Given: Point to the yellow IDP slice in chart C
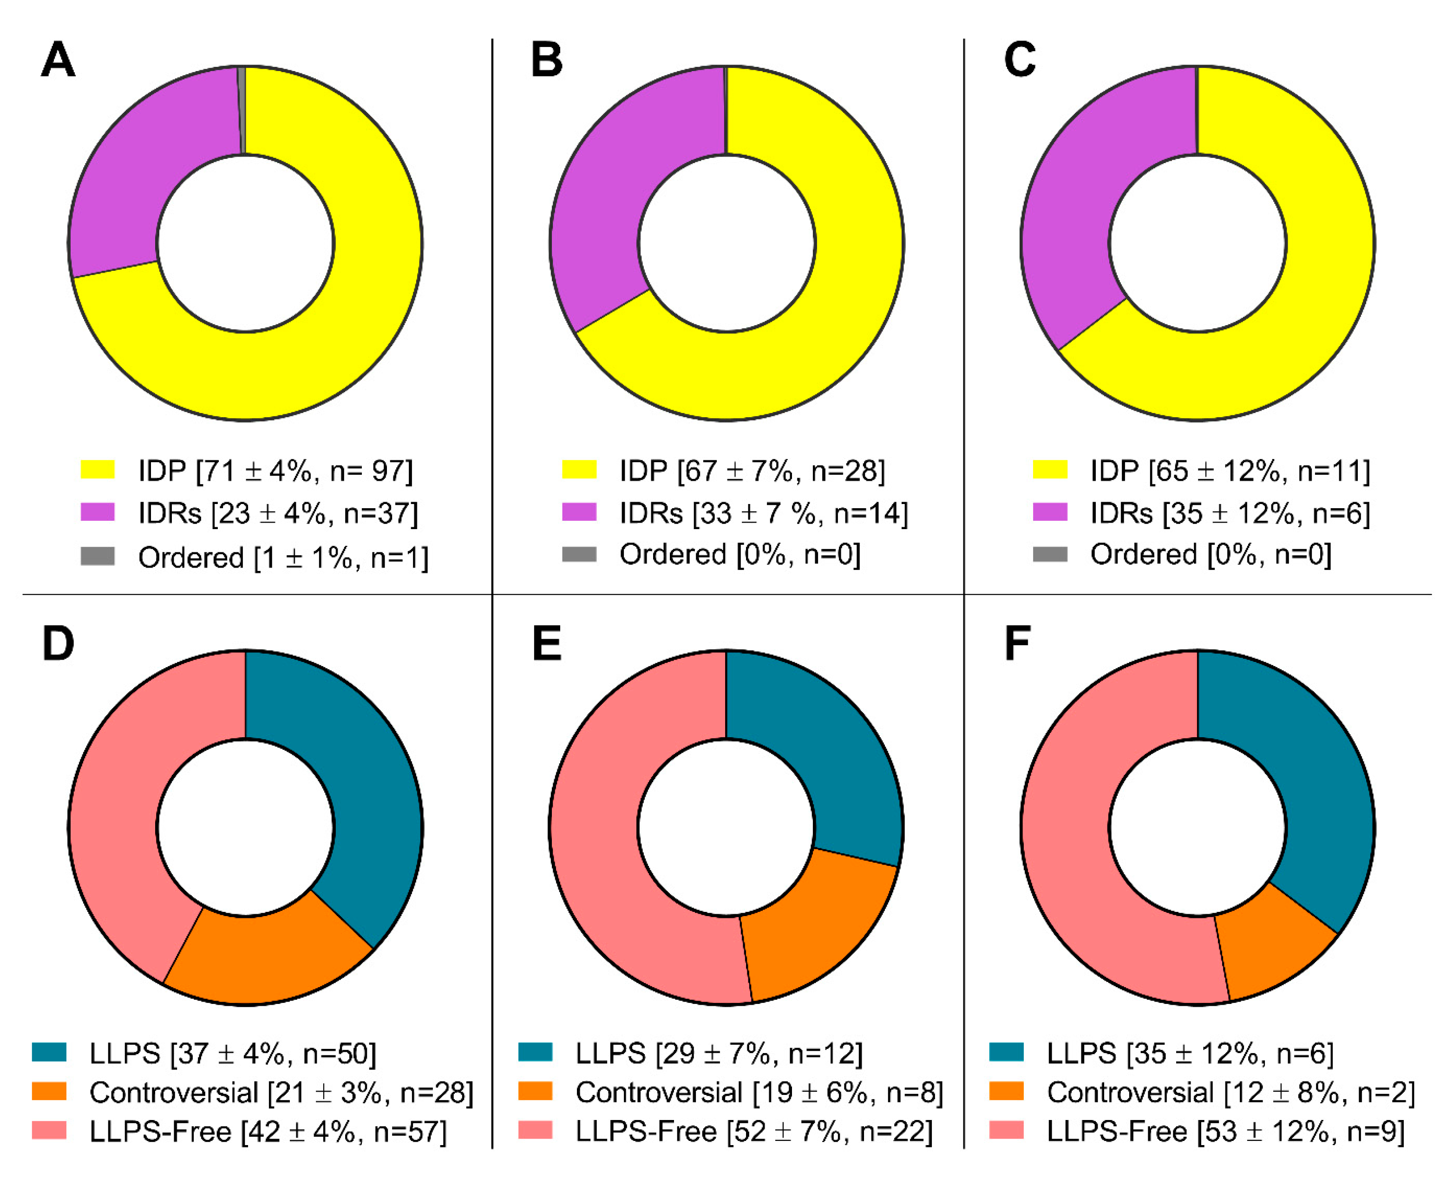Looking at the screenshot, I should pyautogui.click(x=1290, y=306).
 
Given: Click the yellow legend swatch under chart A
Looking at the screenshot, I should pyautogui.click(x=98, y=469).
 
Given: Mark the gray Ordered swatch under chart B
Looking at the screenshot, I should pyautogui.click(x=579, y=555).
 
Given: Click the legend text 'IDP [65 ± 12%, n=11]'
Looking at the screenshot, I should pyautogui.click(x=1230, y=471).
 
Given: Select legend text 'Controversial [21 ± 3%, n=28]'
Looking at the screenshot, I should pyautogui.click(x=281, y=1093).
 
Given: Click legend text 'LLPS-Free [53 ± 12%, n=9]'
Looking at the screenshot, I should pyautogui.click(x=1225, y=1132).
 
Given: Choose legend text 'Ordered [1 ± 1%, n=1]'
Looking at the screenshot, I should pyautogui.click(x=283, y=557).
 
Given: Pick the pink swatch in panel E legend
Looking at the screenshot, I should pyautogui.click(x=535, y=1130).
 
